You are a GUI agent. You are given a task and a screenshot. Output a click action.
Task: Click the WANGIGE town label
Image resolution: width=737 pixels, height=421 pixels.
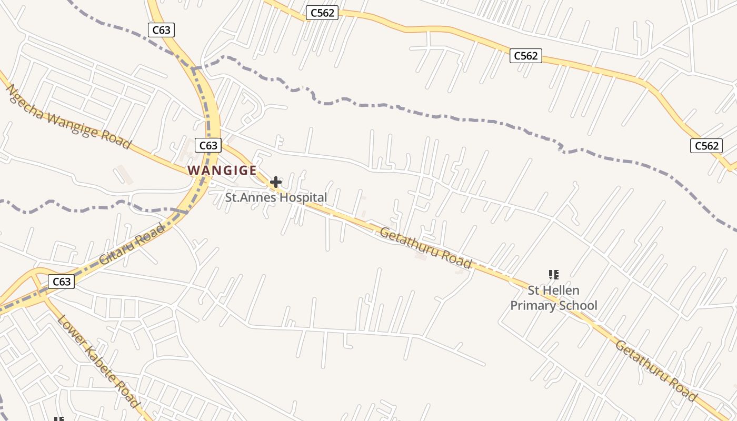tap(222, 171)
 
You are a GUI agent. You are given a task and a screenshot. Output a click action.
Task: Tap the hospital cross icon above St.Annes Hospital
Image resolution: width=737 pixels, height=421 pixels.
tap(275, 183)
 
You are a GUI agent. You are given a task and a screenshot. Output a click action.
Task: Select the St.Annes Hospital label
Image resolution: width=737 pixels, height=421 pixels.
tap(276, 198)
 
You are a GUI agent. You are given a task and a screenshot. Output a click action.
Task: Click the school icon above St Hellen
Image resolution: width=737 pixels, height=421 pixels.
tap(553, 274)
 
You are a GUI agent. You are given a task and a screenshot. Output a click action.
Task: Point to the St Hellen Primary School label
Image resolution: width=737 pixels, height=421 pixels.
tap(554, 298)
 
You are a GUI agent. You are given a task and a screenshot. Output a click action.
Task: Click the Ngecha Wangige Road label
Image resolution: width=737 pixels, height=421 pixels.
tap(68, 116)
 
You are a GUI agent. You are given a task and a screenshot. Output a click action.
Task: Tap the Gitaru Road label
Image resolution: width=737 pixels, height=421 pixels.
tap(132, 244)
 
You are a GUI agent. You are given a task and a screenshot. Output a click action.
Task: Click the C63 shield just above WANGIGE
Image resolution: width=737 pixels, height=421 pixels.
tap(208, 145)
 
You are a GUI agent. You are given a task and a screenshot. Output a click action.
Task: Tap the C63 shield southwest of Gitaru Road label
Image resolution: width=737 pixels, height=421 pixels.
tap(62, 282)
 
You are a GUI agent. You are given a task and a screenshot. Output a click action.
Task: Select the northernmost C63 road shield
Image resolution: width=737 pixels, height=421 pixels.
tap(161, 30)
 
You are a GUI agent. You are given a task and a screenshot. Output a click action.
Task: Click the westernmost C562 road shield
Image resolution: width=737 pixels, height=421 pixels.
tap(322, 13)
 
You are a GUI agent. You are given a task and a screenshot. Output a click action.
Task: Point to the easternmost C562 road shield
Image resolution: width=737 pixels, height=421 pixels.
tap(706, 146)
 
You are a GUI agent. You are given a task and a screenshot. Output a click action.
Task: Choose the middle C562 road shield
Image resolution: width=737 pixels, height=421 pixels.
tap(525, 55)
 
